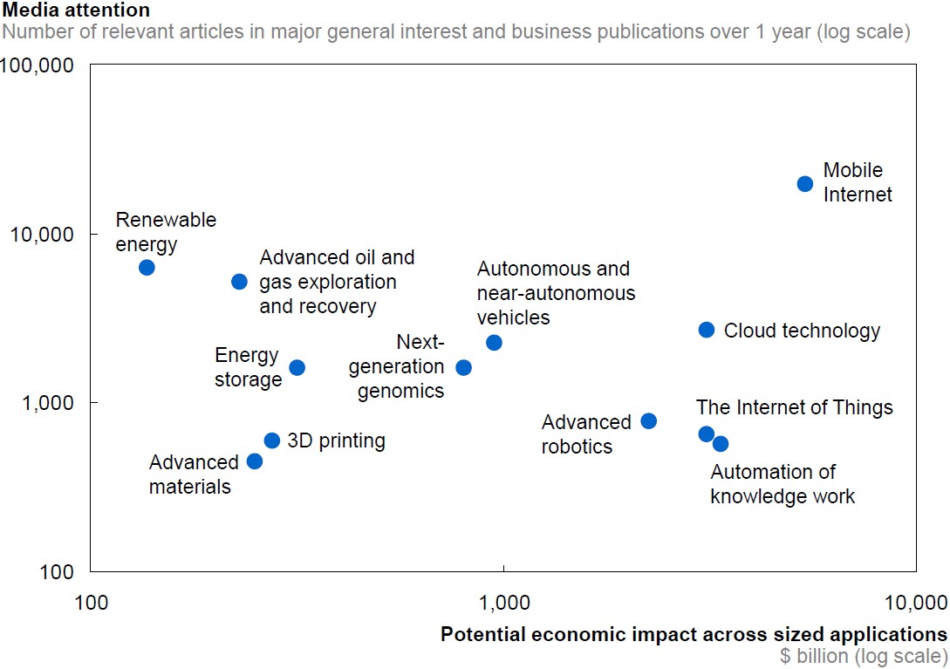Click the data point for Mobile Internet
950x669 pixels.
[x=805, y=184]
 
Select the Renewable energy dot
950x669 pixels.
[x=147, y=268]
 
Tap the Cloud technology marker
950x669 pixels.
[x=707, y=330]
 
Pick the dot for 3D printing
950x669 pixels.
[x=272, y=440]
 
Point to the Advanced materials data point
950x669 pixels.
[x=255, y=461]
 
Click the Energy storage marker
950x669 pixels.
[x=297, y=368]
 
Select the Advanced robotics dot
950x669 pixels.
[x=649, y=421]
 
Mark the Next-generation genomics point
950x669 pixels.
[x=464, y=368]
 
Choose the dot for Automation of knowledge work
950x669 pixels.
[x=721, y=444]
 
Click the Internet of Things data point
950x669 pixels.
[x=707, y=434]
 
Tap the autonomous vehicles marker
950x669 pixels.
[x=494, y=343]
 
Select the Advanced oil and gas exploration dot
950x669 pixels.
[x=239, y=282]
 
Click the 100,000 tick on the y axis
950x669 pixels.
[x=43, y=66]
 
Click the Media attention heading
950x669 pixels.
[x=77, y=10]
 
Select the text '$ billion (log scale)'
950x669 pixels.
[x=863, y=656]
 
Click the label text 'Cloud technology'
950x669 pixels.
[x=802, y=331]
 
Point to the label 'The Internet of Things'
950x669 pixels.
[x=794, y=407]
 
